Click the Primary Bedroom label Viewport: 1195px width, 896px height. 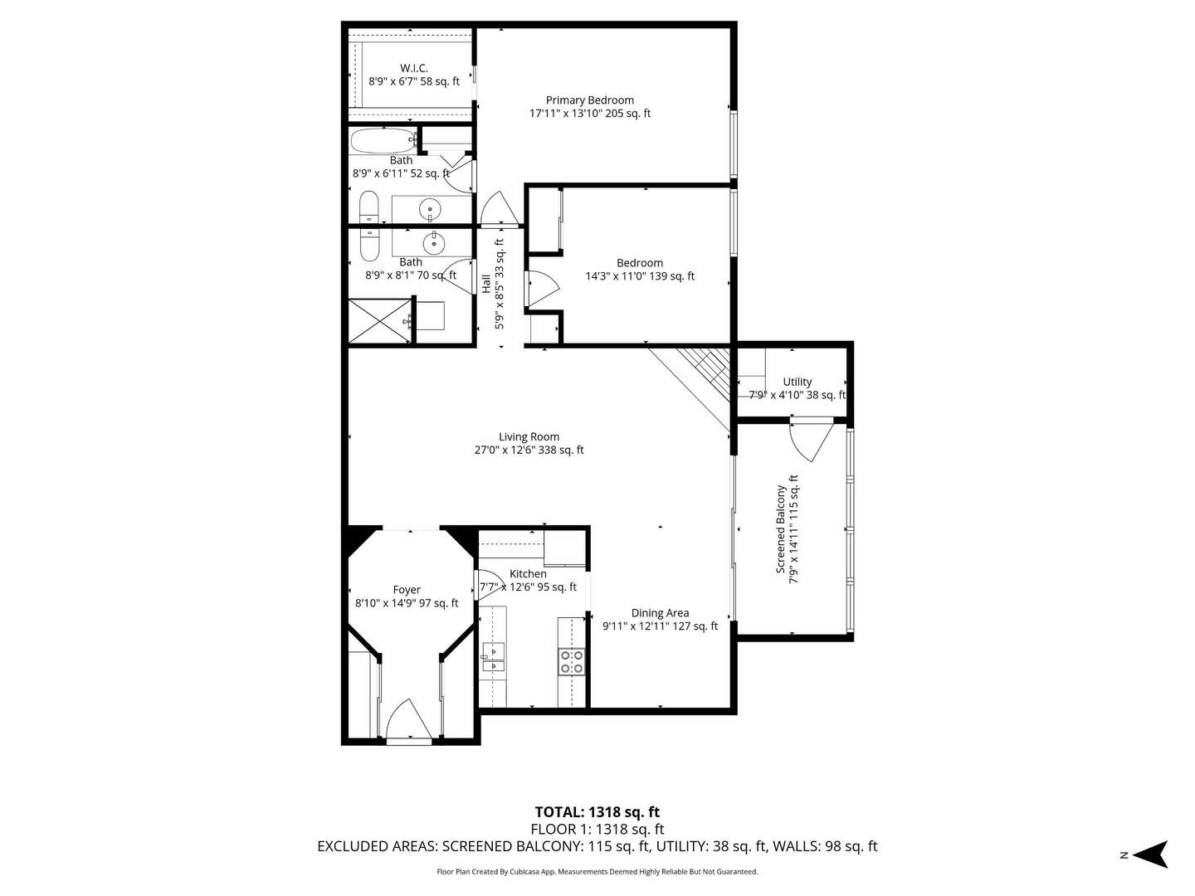pyautogui.click(x=589, y=100)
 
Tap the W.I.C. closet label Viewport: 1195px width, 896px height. pyautogui.click(x=413, y=68)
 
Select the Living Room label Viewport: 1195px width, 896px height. pyautogui.click(x=529, y=436)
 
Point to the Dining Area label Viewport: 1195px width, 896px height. pyautogui.click(x=660, y=613)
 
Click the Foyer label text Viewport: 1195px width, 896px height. pyautogui.click(x=407, y=590)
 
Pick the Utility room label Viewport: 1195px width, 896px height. pyautogui.click(x=797, y=382)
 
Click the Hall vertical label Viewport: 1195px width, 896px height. pyautogui.click(x=486, y=284)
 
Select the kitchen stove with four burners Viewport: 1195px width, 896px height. pyautogui.click(x=571, y=660)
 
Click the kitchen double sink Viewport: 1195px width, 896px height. pyautogui.click(x=494, y=655)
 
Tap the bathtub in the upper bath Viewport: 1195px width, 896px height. pyautogui.click(x=382, y=141)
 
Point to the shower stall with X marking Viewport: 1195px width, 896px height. pyautogui.click(x=378, y=321)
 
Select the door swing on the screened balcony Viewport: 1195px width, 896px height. pyautogui.click(x=812, y=441)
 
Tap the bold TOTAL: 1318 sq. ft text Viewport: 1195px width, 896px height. pyautogui.click(x=597, y=812)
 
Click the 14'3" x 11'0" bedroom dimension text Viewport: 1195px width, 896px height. pyautogui.click(x=639, y=276)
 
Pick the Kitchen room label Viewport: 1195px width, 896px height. pyautogui.click(x=528, y=574)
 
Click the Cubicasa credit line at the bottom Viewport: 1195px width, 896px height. pyautogui.click(x=597, y=872)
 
